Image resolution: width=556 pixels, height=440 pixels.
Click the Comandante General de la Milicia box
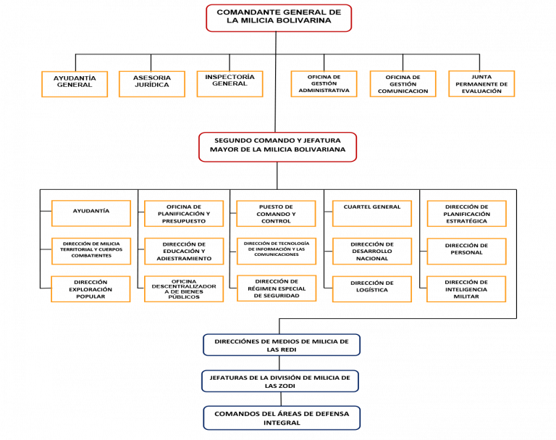[279, 18]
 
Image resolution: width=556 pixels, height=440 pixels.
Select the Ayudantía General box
[75, 84]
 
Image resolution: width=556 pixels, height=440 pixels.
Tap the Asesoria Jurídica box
[152, 84]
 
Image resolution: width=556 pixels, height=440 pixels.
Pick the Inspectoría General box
[229, 84]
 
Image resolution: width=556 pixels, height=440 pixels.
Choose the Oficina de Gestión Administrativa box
[324, 84]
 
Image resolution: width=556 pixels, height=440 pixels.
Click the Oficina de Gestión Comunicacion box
[403, 84]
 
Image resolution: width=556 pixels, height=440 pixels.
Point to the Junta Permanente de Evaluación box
[481, 84]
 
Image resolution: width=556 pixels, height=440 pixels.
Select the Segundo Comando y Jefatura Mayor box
[278, 147]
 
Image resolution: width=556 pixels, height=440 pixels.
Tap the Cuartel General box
[372, 213]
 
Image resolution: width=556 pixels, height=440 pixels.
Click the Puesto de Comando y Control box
[276, 213]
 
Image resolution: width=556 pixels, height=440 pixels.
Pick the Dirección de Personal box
[467, 252]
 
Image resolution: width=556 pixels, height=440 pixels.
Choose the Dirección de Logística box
[372, 289]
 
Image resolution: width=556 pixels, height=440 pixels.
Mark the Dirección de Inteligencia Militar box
[466, 289]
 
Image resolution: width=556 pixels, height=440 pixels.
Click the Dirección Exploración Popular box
[90, 289]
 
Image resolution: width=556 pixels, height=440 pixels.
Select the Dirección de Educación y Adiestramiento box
[184, 252]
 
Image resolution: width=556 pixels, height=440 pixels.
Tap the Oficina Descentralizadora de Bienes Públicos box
[184, 289]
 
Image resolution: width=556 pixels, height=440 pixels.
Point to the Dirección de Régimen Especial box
[277, 289]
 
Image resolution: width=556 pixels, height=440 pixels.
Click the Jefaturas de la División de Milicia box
[280, 381]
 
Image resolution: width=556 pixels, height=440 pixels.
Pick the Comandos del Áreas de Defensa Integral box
[282, 418]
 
